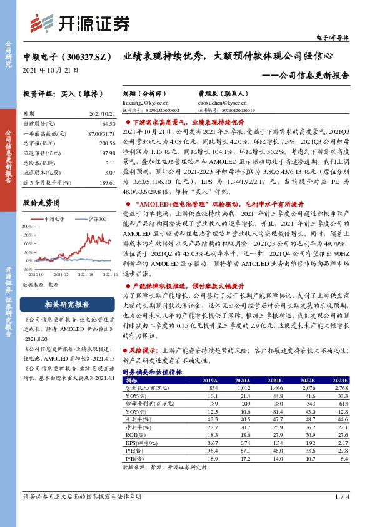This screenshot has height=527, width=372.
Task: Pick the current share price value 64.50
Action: [109, 125]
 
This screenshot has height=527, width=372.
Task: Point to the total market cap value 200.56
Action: [108, 143]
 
